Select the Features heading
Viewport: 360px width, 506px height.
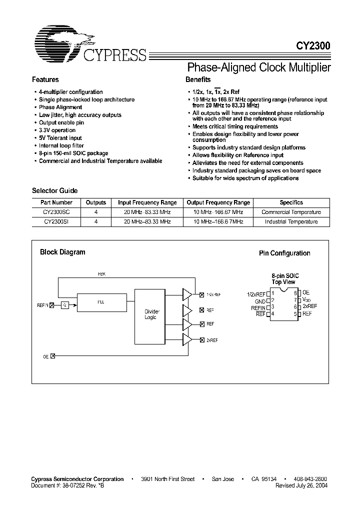point(45,79)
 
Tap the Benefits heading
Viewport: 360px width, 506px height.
point(198,79)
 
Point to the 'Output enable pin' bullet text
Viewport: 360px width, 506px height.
point(61,122)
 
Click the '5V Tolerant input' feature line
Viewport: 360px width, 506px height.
point(60,138)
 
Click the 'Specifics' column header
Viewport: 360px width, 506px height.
point(291,202)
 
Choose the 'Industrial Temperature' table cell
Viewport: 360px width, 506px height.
point(291,221)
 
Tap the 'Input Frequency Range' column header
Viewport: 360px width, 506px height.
point(147,202)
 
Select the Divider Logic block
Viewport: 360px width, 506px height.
point(150,314)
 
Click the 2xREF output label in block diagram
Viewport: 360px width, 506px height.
point(212,340)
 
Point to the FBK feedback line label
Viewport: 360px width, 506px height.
point(101,274)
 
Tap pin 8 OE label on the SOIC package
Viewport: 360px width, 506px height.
point(306,293)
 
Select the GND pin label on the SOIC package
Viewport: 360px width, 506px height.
point(260,301)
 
